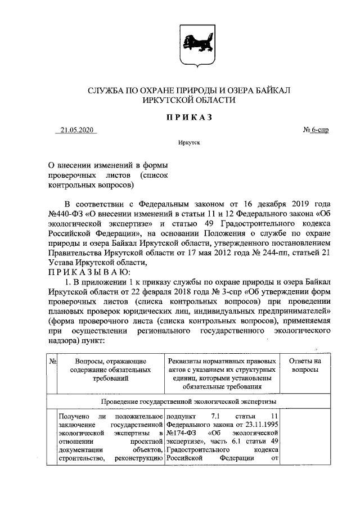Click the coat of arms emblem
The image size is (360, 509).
coord(180,47)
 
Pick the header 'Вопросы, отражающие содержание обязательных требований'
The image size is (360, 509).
coord(110,371)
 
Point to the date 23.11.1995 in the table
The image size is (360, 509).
coord(260,425)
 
